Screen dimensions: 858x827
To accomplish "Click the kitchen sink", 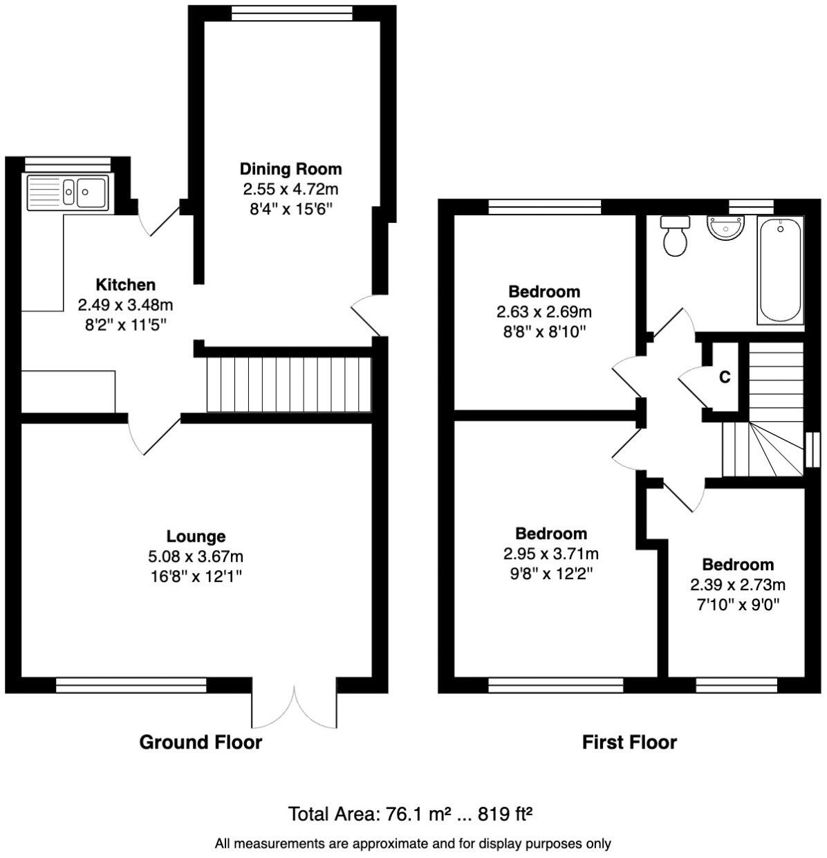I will click(67, 192).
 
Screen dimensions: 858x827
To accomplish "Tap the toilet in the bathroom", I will click(675, 236).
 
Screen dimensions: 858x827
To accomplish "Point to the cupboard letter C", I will click(724, 378).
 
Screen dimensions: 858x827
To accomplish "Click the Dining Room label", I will click(290, 169).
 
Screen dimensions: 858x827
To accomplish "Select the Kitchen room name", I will click(125, 284).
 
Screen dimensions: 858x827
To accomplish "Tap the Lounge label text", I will click(196, 536).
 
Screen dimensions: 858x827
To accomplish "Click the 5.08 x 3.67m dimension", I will click(196, 556).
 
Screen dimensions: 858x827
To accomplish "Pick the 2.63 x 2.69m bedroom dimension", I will click(543, 311).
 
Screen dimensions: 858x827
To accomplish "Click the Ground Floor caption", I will click(201, 742).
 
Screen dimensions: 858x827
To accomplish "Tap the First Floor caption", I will click(629, 742).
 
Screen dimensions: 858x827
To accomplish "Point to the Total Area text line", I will click(410, 814).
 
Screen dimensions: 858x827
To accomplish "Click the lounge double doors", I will click(295, 706).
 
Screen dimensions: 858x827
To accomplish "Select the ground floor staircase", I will click(289, 384).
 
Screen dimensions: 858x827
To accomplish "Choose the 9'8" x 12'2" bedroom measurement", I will click(551, 573).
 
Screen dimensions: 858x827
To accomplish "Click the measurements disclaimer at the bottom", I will click(413, 843).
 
